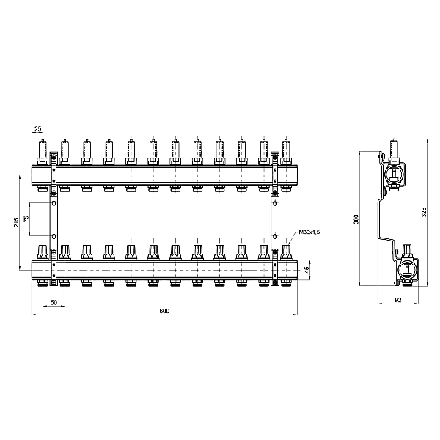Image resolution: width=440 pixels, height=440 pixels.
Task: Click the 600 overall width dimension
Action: click(x=164, y=312)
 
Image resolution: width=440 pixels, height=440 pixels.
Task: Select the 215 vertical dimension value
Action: click(x=18, y=222)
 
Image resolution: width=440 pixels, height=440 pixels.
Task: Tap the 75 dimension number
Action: click(x=26, y=219)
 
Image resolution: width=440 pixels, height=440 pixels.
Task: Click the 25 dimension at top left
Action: click(x=38, y=129)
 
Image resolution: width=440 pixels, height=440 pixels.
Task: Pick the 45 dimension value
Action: click(x=307, y=268)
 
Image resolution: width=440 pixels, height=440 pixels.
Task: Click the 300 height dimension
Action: click(x=356, y=219)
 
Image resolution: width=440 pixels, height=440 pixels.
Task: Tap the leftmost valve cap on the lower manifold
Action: click(x=43, y=252)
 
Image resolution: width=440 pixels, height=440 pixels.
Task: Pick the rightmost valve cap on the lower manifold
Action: click(x=286, y=252)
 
